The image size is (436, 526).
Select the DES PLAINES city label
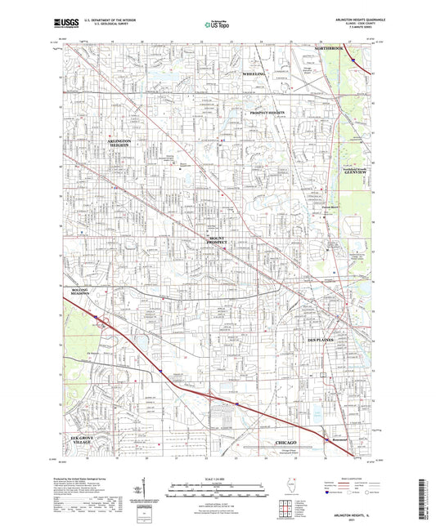(321, 340)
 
